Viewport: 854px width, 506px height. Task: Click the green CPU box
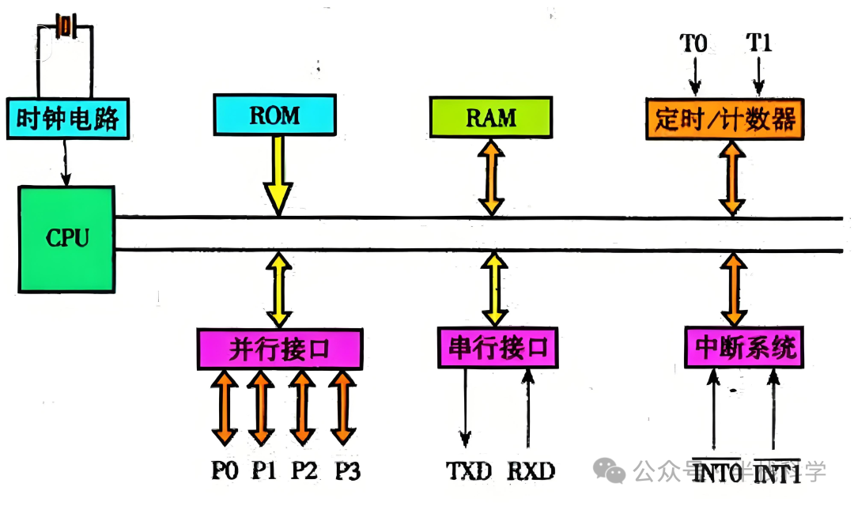click(66, 236)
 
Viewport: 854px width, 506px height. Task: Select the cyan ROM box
click(274, 115)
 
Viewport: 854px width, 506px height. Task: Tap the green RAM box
click(490, 117)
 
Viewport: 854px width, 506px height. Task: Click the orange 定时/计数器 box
click(724, 119)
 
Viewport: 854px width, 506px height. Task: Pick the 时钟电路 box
click(66, 119)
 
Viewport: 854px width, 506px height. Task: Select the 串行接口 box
click(497, 348)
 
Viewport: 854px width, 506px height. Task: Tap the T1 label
click(759, 43)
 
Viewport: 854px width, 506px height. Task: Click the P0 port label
click(225, 471)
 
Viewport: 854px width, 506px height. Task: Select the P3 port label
click(347, 471)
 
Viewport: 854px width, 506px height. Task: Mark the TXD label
click(468, 471)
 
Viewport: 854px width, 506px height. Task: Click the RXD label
click(531, 471)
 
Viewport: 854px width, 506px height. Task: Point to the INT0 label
click(718, 474)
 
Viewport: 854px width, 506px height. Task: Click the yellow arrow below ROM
click(278, 174)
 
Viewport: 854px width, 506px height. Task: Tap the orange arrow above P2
click(300, 407)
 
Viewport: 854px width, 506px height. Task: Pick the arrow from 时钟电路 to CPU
click(66, 162)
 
